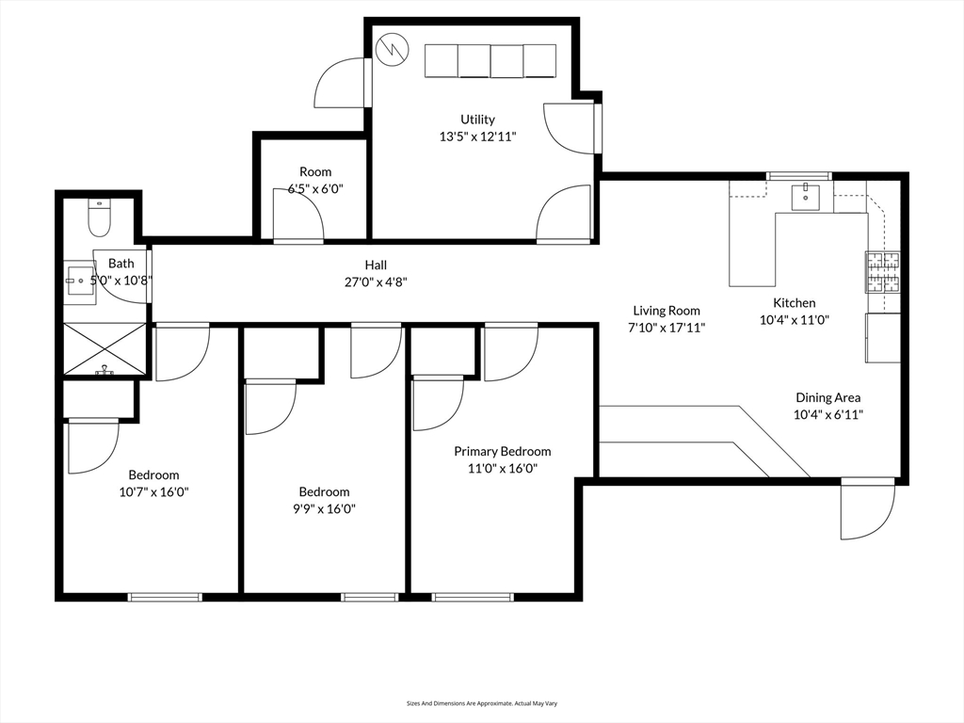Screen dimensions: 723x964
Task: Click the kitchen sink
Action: tap(805, 198)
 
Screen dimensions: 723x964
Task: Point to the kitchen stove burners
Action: tap(882, 272)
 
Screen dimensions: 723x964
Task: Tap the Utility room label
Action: tap(477, 120)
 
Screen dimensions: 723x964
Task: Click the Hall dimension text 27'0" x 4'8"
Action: tap(376, 281)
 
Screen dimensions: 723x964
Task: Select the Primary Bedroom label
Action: tap(502, 452)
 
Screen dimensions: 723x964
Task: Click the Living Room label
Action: tap(667, 311)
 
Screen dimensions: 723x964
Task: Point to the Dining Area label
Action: tap(827, 397)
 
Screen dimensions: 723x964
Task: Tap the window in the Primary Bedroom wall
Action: tap(473, 596)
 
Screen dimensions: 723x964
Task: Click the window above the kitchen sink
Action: tap(799, 176)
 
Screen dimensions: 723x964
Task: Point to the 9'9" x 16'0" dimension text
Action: tap(324, 508)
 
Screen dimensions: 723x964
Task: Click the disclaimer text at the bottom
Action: tap(481, 703)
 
